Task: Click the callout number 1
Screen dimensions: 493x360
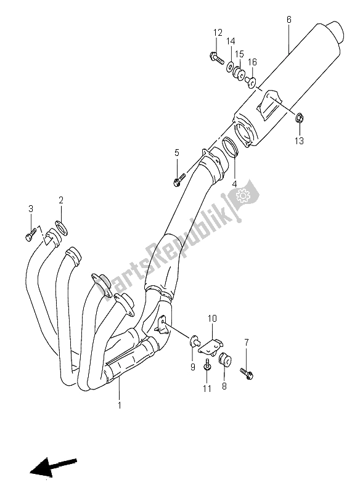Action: click(x=120, y=405)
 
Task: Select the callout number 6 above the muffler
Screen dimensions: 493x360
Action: click(x=288, y=20)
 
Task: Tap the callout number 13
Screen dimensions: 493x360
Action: click(x=299, y=141)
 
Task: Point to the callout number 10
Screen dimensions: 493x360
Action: click(x=211, y=318)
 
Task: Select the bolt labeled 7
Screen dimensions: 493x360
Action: click(x=248, y=373)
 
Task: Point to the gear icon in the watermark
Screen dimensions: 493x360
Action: click(x=241, y=197)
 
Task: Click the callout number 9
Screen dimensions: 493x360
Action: click(x=193, y=368)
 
